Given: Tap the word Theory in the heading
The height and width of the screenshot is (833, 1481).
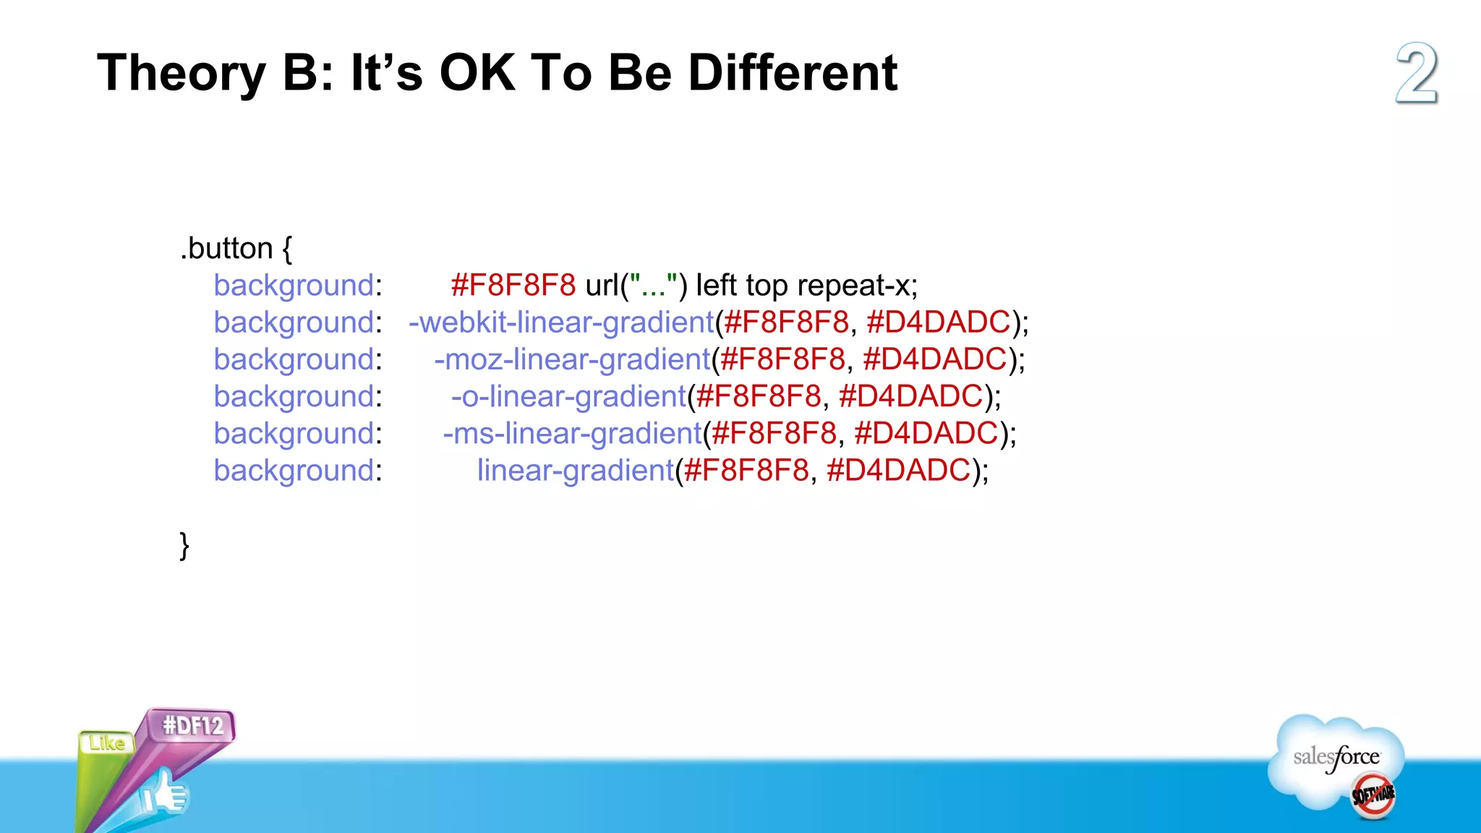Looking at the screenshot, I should pos(182,74).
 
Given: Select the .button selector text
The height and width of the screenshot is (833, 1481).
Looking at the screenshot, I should pos(226,248).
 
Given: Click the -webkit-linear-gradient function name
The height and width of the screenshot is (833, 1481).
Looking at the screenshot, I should pos(561,322).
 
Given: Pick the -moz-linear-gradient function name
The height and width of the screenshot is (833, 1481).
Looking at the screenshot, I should pos(572,359).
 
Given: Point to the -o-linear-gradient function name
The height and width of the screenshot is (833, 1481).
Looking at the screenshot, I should pos(568,396).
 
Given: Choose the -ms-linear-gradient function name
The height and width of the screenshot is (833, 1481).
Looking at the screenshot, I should pos(572,433).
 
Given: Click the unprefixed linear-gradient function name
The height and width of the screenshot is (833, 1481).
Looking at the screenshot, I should pos(575,470).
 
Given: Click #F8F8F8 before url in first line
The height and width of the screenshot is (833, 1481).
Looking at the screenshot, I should pos(513,285).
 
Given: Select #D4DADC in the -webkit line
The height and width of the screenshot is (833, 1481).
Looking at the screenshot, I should pos(938,322).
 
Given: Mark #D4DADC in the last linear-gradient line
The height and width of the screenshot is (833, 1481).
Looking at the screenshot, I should pos(898,470).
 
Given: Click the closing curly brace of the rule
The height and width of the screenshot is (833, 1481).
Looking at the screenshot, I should pos(184,544).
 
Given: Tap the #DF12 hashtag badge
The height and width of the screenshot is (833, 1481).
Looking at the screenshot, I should pos(192,725).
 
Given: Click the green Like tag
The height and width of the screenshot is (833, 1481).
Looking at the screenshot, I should pos(106,743).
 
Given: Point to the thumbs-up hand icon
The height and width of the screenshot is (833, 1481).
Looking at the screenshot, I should pos(165,794).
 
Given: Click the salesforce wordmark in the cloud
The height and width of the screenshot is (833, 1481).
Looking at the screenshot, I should pos(1336,757).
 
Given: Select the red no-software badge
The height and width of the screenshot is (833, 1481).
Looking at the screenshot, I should pos(1373,795).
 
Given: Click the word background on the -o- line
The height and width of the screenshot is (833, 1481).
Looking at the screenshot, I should pos(293,396).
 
